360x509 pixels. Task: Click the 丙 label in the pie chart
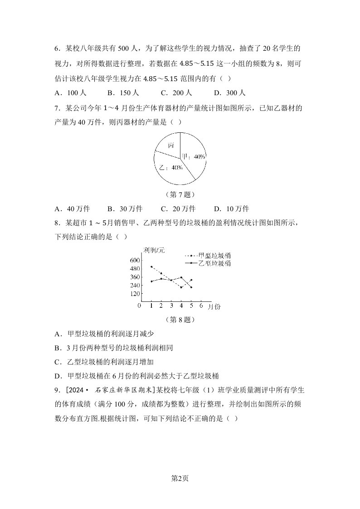click(171, 145)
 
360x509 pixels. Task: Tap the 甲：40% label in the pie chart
click(194, 156)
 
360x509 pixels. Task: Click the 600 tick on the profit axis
click(136, 260)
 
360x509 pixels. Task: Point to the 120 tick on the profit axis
click(136, 294)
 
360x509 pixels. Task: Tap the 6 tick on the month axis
click(201, 306)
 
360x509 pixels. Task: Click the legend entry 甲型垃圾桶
click(215, 255)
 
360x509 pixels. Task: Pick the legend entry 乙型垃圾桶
click(215, 263)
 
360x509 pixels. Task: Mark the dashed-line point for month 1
click(151, 267)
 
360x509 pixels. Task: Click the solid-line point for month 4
click(181, 277)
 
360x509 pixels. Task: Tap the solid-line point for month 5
click(191, 287)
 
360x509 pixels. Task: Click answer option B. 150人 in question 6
click(123, 93)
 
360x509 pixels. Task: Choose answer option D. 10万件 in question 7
click(231, 209)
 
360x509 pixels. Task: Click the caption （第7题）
click(180, 195)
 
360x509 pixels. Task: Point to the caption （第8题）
click(180, 320)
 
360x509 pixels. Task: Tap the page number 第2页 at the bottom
click(180, 478)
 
